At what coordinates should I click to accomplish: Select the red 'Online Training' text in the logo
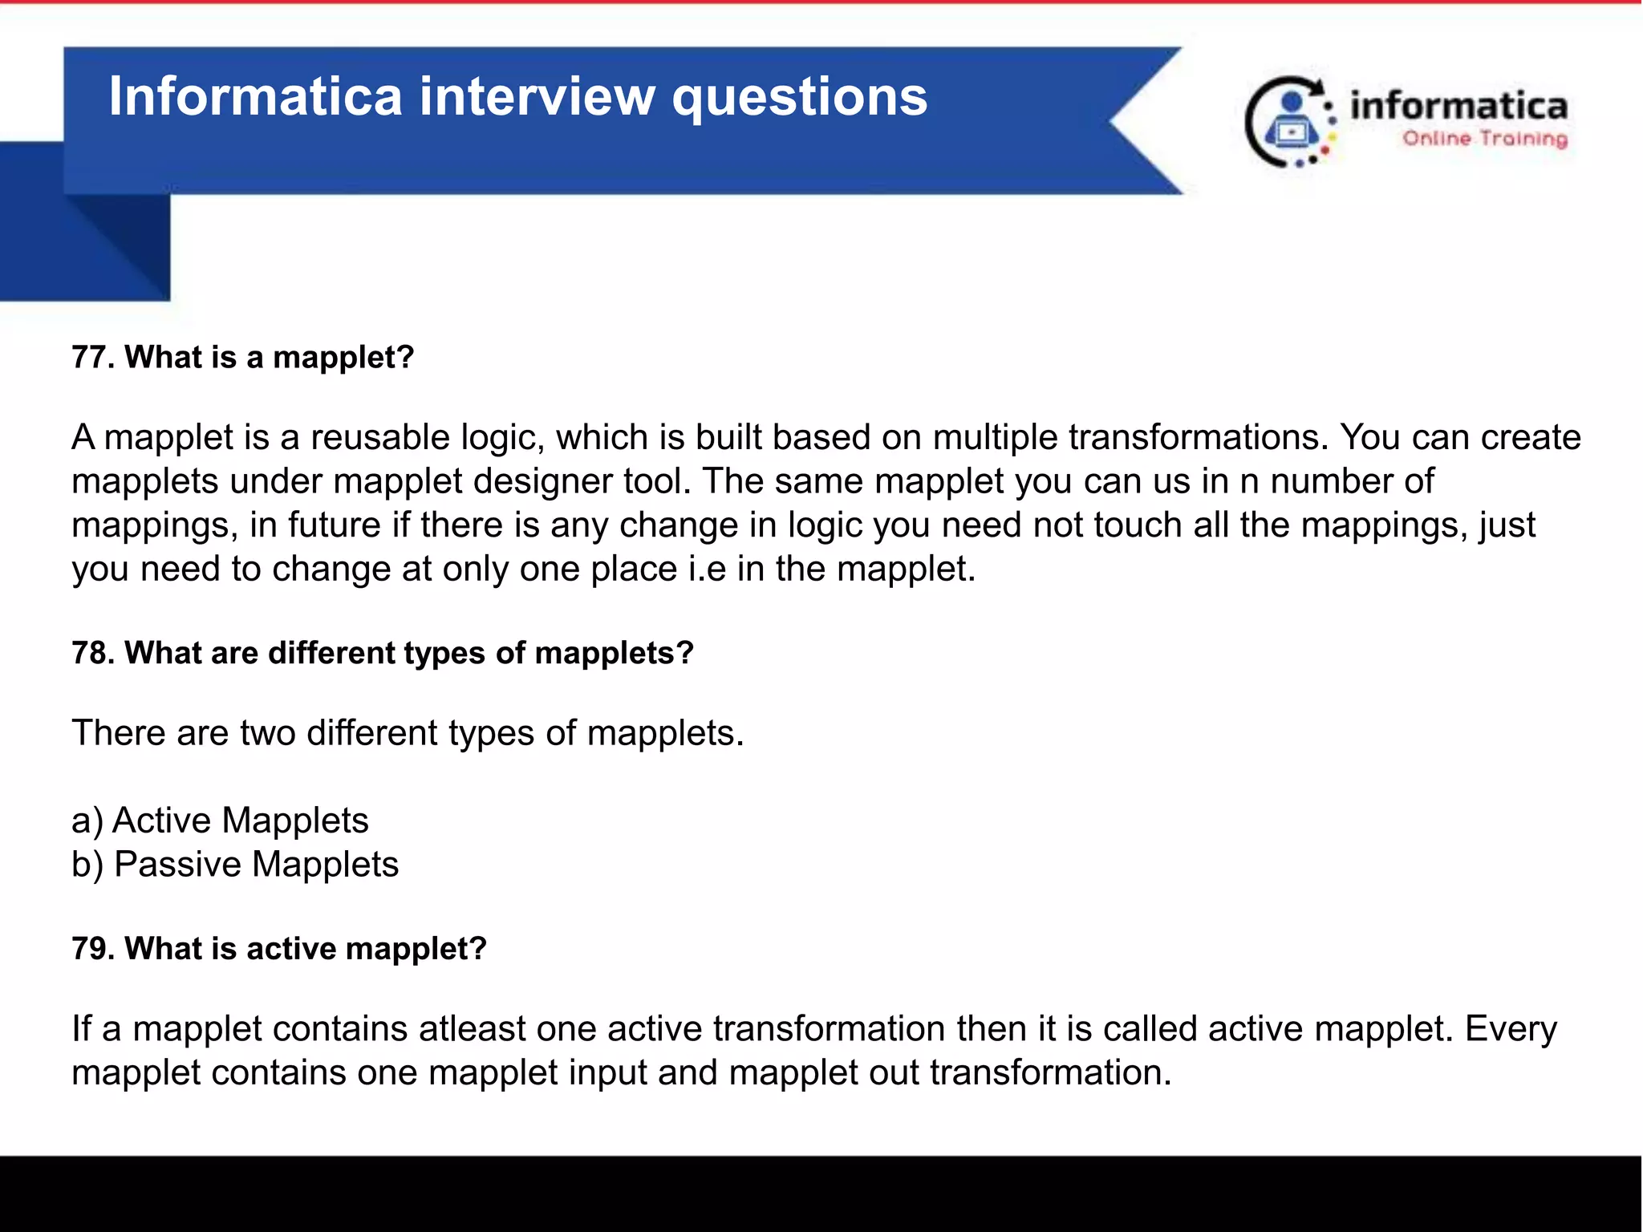point(1484,139)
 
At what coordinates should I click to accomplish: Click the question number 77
point(92,358)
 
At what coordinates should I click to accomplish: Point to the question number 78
point(92,654)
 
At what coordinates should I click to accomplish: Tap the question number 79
point(92,949)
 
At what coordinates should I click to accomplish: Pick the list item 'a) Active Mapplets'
point(220,821)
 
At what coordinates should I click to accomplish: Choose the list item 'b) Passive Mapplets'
point(235,865)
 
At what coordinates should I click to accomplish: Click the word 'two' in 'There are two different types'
point(267,733)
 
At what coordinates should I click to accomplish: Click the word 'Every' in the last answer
point(1511,1029)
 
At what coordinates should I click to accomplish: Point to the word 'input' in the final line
point(606,1073)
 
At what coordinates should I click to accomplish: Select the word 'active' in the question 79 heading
point(291,949)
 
